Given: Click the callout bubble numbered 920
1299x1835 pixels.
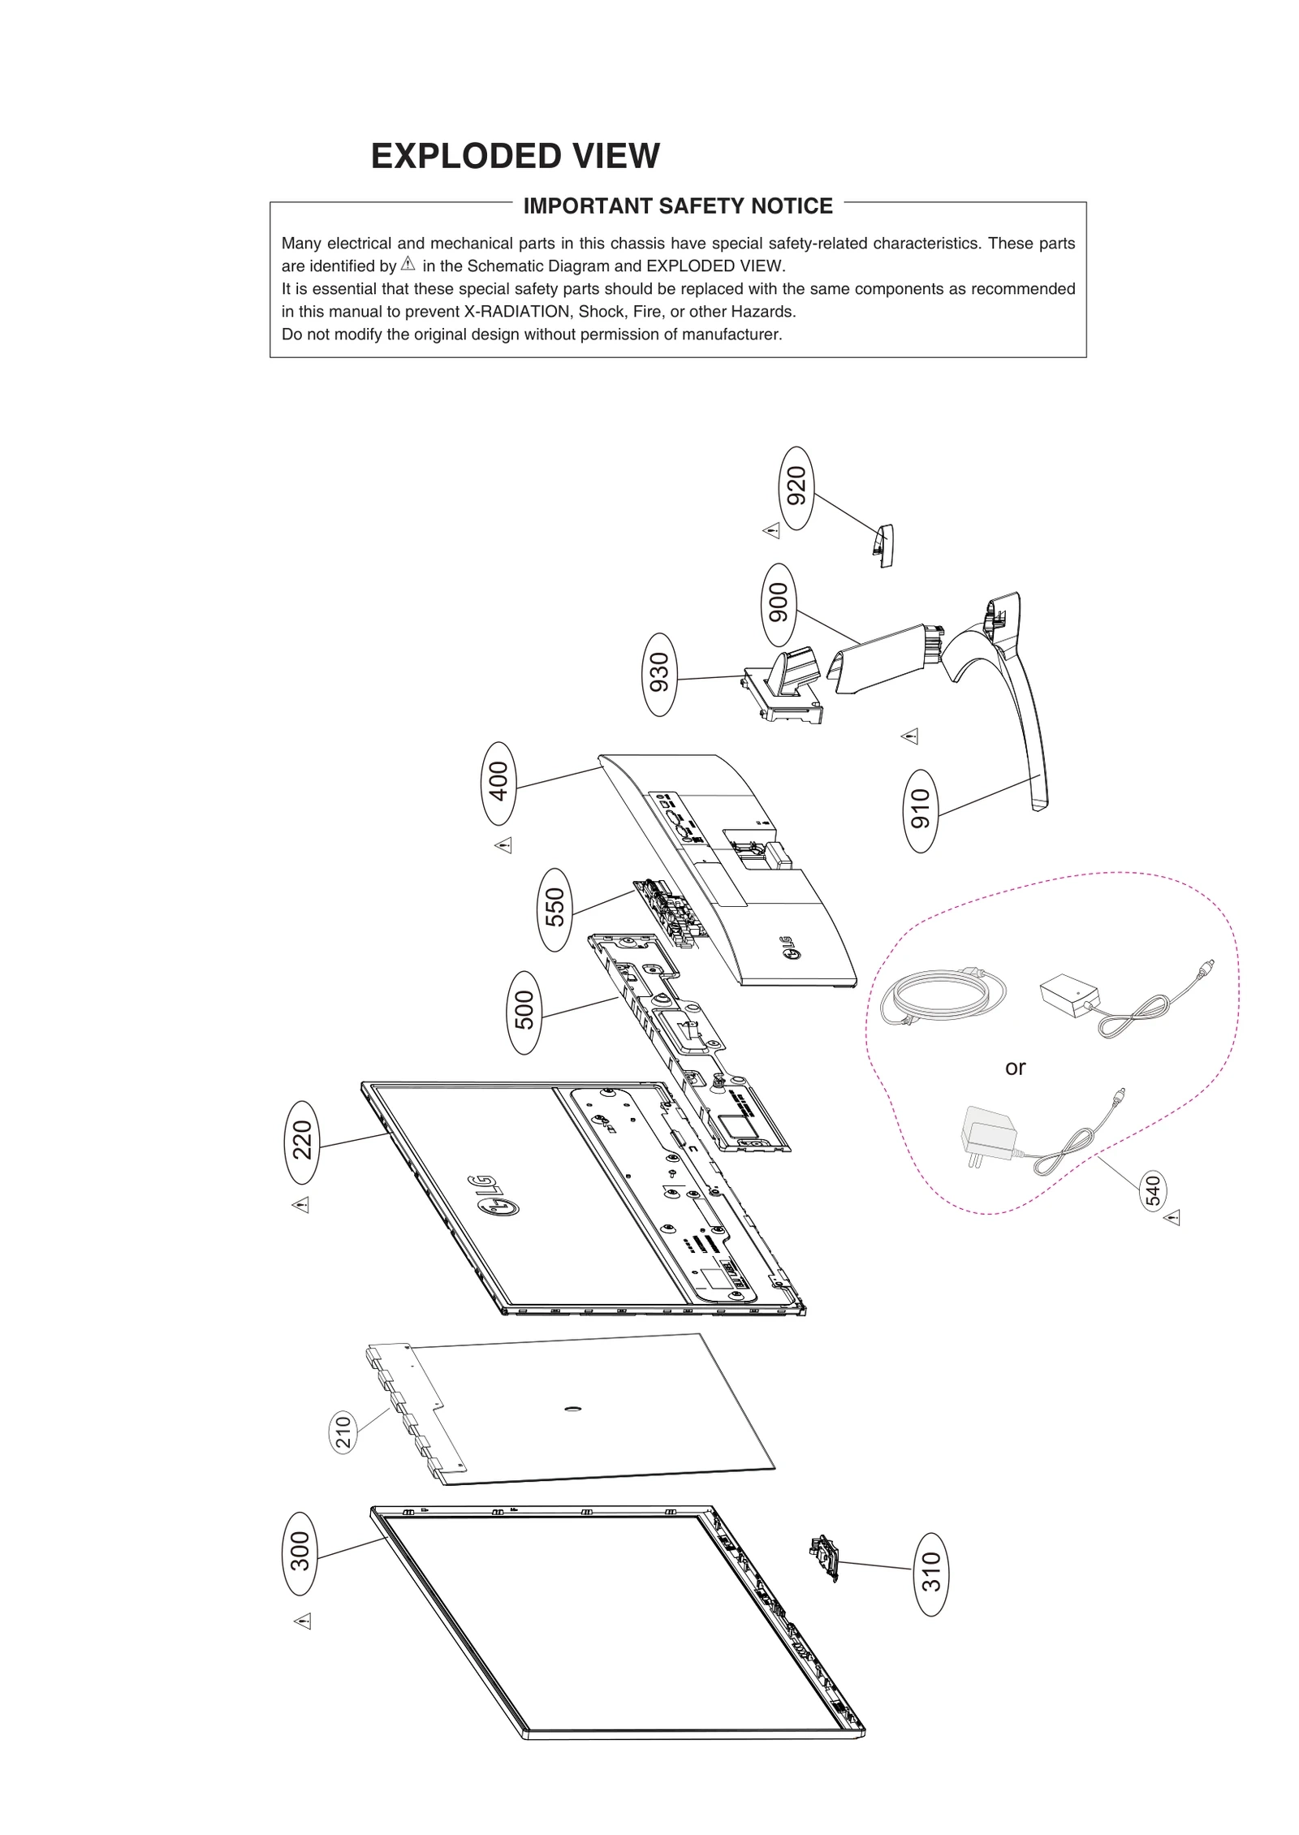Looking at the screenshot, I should [796, 487].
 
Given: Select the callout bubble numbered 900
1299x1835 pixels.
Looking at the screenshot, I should [779, 603].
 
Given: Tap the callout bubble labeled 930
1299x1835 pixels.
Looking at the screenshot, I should [659, 674].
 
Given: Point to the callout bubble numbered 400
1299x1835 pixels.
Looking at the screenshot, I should [498, 783].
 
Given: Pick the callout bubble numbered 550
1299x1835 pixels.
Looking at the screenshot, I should [555, 909].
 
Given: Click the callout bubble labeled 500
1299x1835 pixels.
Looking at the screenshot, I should [524, 1012].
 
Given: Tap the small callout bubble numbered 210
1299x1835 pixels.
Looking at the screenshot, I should [344, 1432].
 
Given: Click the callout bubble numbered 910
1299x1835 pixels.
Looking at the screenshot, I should [920, 810].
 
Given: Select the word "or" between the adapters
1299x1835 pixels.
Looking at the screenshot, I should [1015, 1068].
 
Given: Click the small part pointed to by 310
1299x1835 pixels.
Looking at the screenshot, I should [825, 1557].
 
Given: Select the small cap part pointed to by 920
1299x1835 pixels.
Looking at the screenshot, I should [883, 545].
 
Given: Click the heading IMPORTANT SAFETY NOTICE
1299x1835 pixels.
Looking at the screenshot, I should [678, 206].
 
